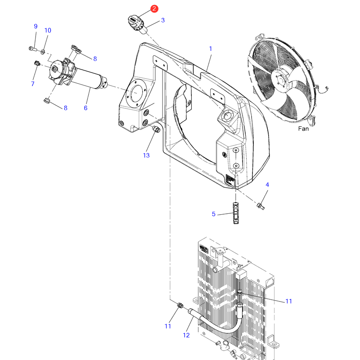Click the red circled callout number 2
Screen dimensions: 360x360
(x=154, y=9)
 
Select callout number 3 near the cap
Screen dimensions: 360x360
(x=163, y=20)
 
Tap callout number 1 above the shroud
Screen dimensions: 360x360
(x=211, y=49)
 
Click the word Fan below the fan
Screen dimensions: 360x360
(x=303, y=129)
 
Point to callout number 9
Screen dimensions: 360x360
(x=36, y=26)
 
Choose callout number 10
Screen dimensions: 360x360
(x=48, y=30)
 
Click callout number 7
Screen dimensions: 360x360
(x=32, y=84)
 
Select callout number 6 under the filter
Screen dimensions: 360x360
(x=85, y=108)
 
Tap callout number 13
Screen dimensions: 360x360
(x=146, y=155)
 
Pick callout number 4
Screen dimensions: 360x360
(x=267, y=184)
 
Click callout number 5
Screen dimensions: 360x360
(x=213, y=214)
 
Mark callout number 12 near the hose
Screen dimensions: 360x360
(x=186, y=335)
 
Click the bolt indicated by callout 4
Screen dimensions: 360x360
(x=261, y=206)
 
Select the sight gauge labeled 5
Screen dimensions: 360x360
(x=236, y=213)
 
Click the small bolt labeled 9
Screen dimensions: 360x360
(x=33, y=49)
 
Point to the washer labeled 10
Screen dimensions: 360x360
(x=43, y=52)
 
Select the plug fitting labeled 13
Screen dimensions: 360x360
(x=156, y=129)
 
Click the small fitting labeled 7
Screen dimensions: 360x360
(x=37, y=63)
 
